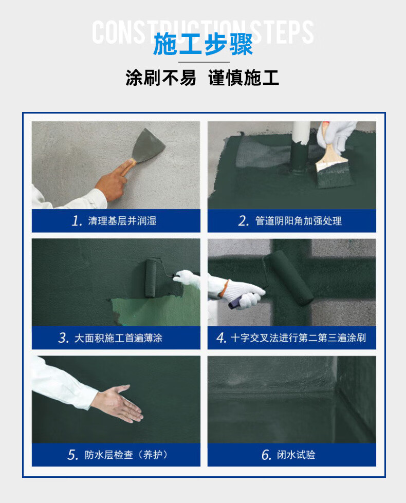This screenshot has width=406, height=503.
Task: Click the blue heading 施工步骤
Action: pyautogui.click(x=203, y=44)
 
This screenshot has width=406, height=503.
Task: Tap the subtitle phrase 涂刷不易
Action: pyautogui.click(x=160, y=78)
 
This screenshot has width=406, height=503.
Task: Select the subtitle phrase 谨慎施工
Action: pyautogui.click(x=244, y=78)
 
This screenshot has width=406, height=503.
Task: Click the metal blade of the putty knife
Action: pyautogui.click(x=149, y=145)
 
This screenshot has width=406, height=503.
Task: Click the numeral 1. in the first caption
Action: pyautogui.click(x=77, y=221)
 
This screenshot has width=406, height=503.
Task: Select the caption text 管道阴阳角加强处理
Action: pyautogui.click(x=299, y=221)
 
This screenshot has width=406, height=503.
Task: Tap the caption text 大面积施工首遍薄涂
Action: pyautogui.click(x=118, y=338)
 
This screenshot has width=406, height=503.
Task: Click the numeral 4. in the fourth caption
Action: pyautogui.click(x=222, y=338)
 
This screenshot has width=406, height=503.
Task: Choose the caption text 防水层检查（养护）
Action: pyautogui.click(x=126, y=455)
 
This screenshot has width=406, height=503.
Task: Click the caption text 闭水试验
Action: pyautogui.click(x=296, y=455)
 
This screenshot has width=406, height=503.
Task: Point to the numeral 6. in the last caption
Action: pyautogui.click(x=267, y=455)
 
